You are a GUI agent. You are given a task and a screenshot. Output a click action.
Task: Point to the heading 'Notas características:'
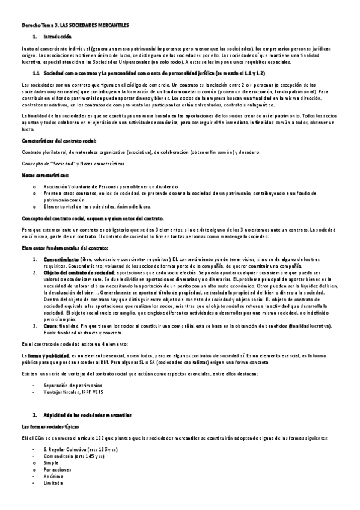click(x=45, y=175)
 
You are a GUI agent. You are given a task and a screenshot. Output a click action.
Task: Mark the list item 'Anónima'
click(x=53, y=476)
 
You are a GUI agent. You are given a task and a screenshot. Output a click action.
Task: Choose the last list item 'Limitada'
click(x=53, y=482)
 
